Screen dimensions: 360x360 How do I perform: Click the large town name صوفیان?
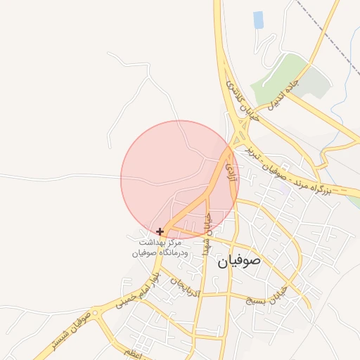click(x=238, y=262)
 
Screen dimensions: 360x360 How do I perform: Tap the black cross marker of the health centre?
click(x=160, y=231)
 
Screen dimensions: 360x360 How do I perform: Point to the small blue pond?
click(x=258, y=20)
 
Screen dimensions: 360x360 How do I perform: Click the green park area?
click(x=278, y=77)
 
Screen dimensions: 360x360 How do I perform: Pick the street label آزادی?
click(x=232, y=168)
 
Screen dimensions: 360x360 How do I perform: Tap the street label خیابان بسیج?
click(x=268, y=295)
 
